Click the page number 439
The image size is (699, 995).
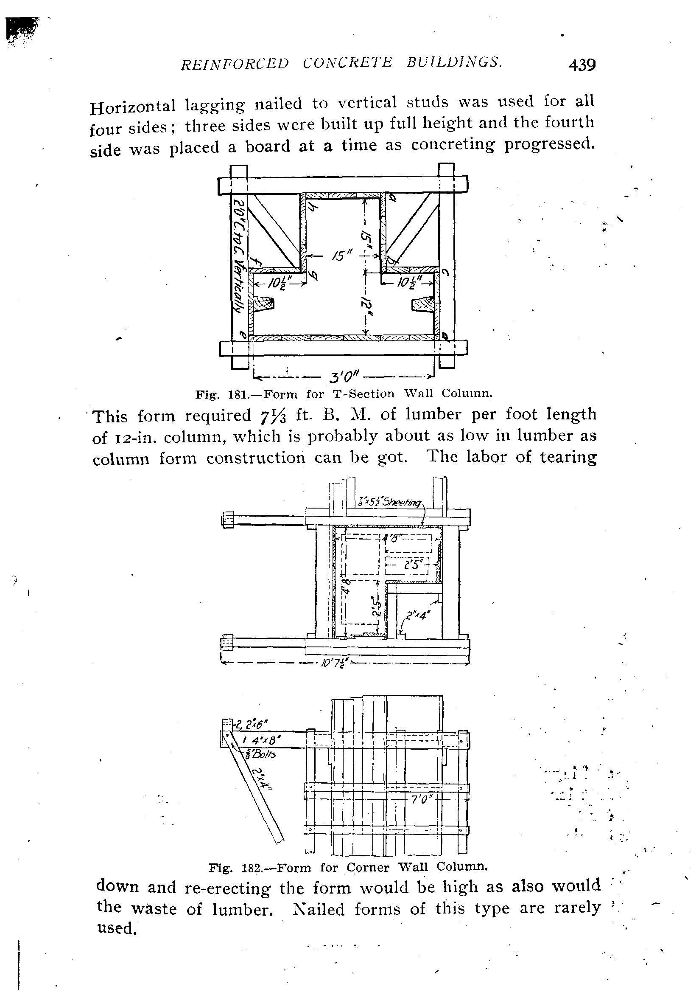click(x=582, y=65)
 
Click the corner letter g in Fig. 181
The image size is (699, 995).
click(x=313, y=275)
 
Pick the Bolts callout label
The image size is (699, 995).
click(x=261, y=755)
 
